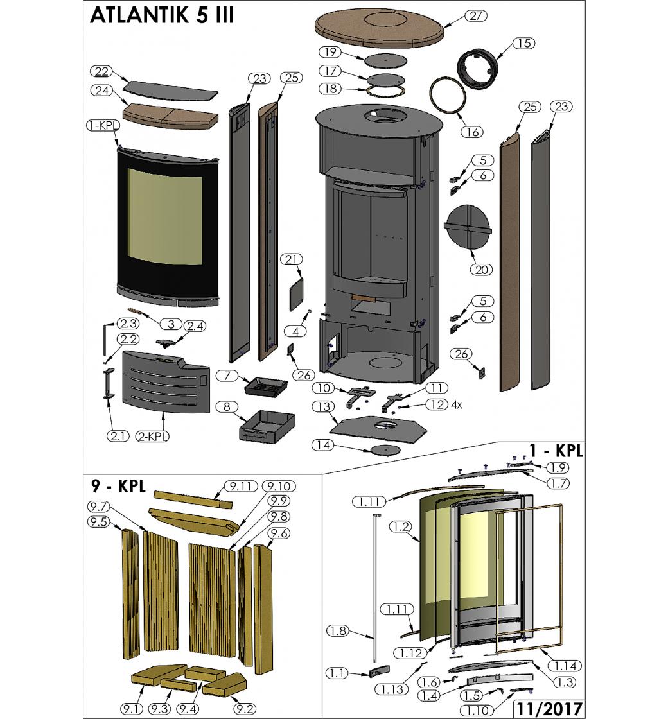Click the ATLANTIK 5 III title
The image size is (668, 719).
(162, 15)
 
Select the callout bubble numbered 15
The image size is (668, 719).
(523, 43)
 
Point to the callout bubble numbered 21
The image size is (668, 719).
(292, 259)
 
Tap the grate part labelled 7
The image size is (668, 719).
(265, 386)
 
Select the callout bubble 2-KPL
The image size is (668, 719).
(153, 437)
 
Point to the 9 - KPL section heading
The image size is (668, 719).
(118, 486)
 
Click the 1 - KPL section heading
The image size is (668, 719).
(556, 451)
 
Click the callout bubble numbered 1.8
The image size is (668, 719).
(338, 631)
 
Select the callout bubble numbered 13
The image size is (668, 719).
(324, 406)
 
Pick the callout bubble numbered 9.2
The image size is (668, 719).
(245, 709)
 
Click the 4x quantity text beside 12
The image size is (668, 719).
(457, 405)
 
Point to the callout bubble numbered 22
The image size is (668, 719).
(101, 71)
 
